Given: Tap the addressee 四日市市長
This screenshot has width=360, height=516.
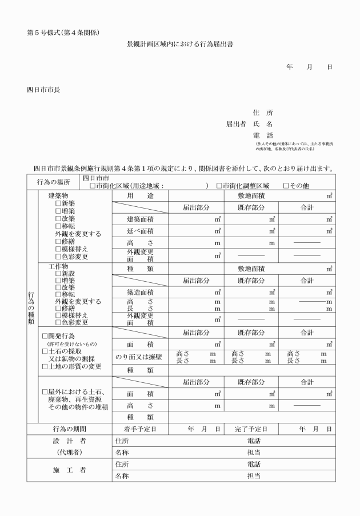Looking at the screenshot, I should (x=43, y=89).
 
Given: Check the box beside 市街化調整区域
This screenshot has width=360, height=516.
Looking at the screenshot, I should (x=219, y=186).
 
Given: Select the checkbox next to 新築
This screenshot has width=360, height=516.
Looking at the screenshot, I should (x=58, y=203).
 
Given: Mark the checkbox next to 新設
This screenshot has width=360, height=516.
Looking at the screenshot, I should (x=58, y=274).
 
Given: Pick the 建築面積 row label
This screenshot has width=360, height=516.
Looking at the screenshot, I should (x=139, y=219).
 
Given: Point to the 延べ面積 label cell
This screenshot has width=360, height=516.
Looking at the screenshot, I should (x=139, y=231).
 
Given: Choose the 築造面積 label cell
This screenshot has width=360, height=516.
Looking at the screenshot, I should (x=139, y=292).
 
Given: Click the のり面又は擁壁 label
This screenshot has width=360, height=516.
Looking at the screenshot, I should (x=139, y=357).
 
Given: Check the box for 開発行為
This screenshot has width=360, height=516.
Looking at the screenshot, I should (x=45, y=336).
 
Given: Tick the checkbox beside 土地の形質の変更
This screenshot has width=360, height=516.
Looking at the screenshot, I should (x=45, y=366).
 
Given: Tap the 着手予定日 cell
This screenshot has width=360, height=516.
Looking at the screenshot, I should (x=139, y=429).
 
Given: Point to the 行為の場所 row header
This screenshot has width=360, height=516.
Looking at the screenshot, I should (x=53, y=182).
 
